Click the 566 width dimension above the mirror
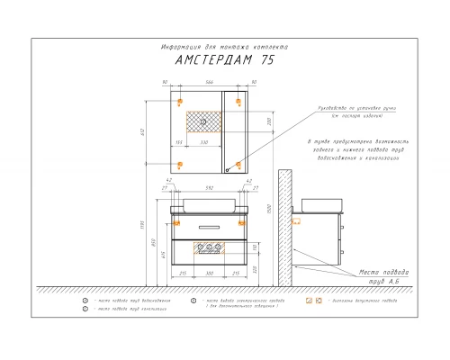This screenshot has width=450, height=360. (x=209, y=82)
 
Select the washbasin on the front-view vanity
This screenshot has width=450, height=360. (x=210, y=202)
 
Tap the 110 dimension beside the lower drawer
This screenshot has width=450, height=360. (x=254, y=247)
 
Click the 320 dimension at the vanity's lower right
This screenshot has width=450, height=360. (x=254, y=268)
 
